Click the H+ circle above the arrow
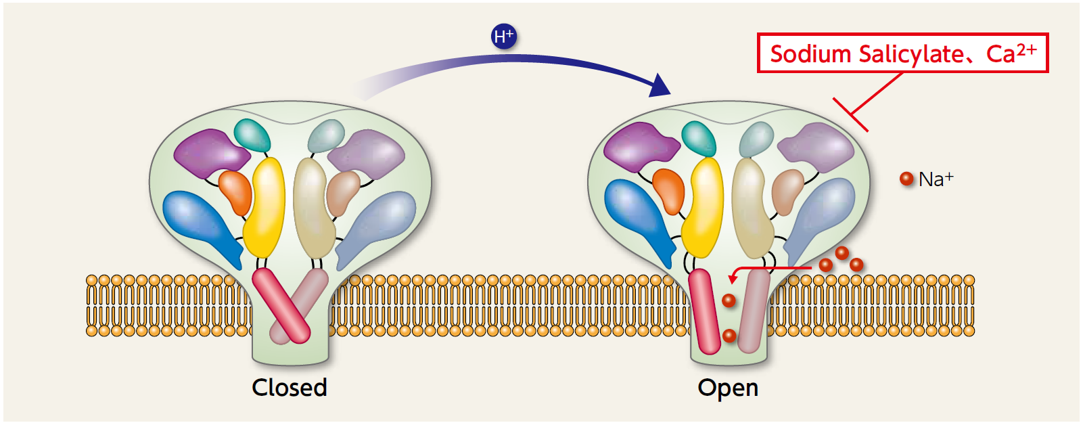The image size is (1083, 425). point(503,37)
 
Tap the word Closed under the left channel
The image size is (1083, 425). point(290,388)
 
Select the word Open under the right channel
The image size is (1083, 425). point(728,388)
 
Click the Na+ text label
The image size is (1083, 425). point(936,179)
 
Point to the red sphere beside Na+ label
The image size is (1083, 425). point(906,179)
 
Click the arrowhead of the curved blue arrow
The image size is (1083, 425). point(659,85)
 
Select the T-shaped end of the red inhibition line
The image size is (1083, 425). point(850,114)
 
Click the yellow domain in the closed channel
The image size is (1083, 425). point(264,206)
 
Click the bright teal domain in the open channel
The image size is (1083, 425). point(699,137)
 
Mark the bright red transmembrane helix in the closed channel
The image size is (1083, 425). point(280,305)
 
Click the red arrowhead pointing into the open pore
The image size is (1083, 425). point(733,277)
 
